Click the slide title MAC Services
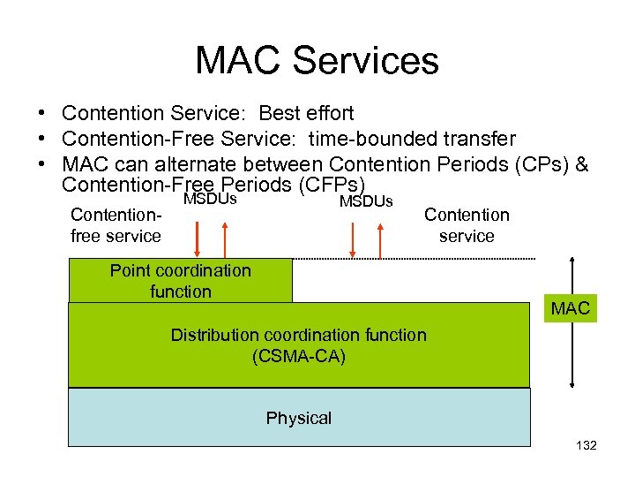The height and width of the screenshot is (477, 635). (317, 60)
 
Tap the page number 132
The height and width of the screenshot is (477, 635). (586, 445)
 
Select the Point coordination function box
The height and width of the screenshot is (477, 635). (180, 281)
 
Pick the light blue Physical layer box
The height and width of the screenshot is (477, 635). (299, 418)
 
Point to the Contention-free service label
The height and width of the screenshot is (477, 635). (116, 225)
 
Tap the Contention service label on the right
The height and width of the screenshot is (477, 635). (467, 225)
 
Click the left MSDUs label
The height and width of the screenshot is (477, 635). (210, 200)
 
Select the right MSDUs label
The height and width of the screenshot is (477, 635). (365, 201)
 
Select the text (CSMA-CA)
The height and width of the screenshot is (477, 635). (298, 357)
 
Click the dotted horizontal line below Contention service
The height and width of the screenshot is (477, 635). (415, 259)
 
